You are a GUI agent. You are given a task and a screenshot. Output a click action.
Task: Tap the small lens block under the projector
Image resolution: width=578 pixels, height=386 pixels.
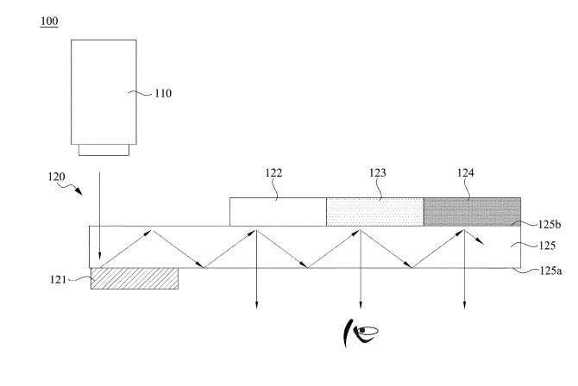pyautogui.click(x=104, y=150)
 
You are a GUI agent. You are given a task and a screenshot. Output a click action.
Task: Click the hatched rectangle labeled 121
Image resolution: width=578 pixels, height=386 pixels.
pyautogui.click(x=135, y=277)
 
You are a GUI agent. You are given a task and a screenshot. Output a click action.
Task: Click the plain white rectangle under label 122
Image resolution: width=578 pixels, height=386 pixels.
pyautogui.click(x=278, y=212)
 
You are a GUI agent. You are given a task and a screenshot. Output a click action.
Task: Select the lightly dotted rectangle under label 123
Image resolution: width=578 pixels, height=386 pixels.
pyautogui.click(x=374, y=212)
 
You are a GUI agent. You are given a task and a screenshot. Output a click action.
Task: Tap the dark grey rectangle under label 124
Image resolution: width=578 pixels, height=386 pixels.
pyautogui.click(x=472, y=212)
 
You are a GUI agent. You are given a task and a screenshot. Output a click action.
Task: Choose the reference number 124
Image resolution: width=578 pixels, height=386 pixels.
pyautogui.click(x=466, y=172)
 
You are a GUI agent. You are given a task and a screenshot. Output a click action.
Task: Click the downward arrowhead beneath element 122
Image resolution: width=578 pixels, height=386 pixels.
pyautogui.click(x=255, y=302)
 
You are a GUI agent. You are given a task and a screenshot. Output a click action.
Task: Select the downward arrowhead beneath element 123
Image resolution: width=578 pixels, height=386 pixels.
pyautogui.click(x=361, y=302)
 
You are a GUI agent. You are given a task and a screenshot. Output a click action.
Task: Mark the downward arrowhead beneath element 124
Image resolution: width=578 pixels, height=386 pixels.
pyautogui.click(x=466, y=302)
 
